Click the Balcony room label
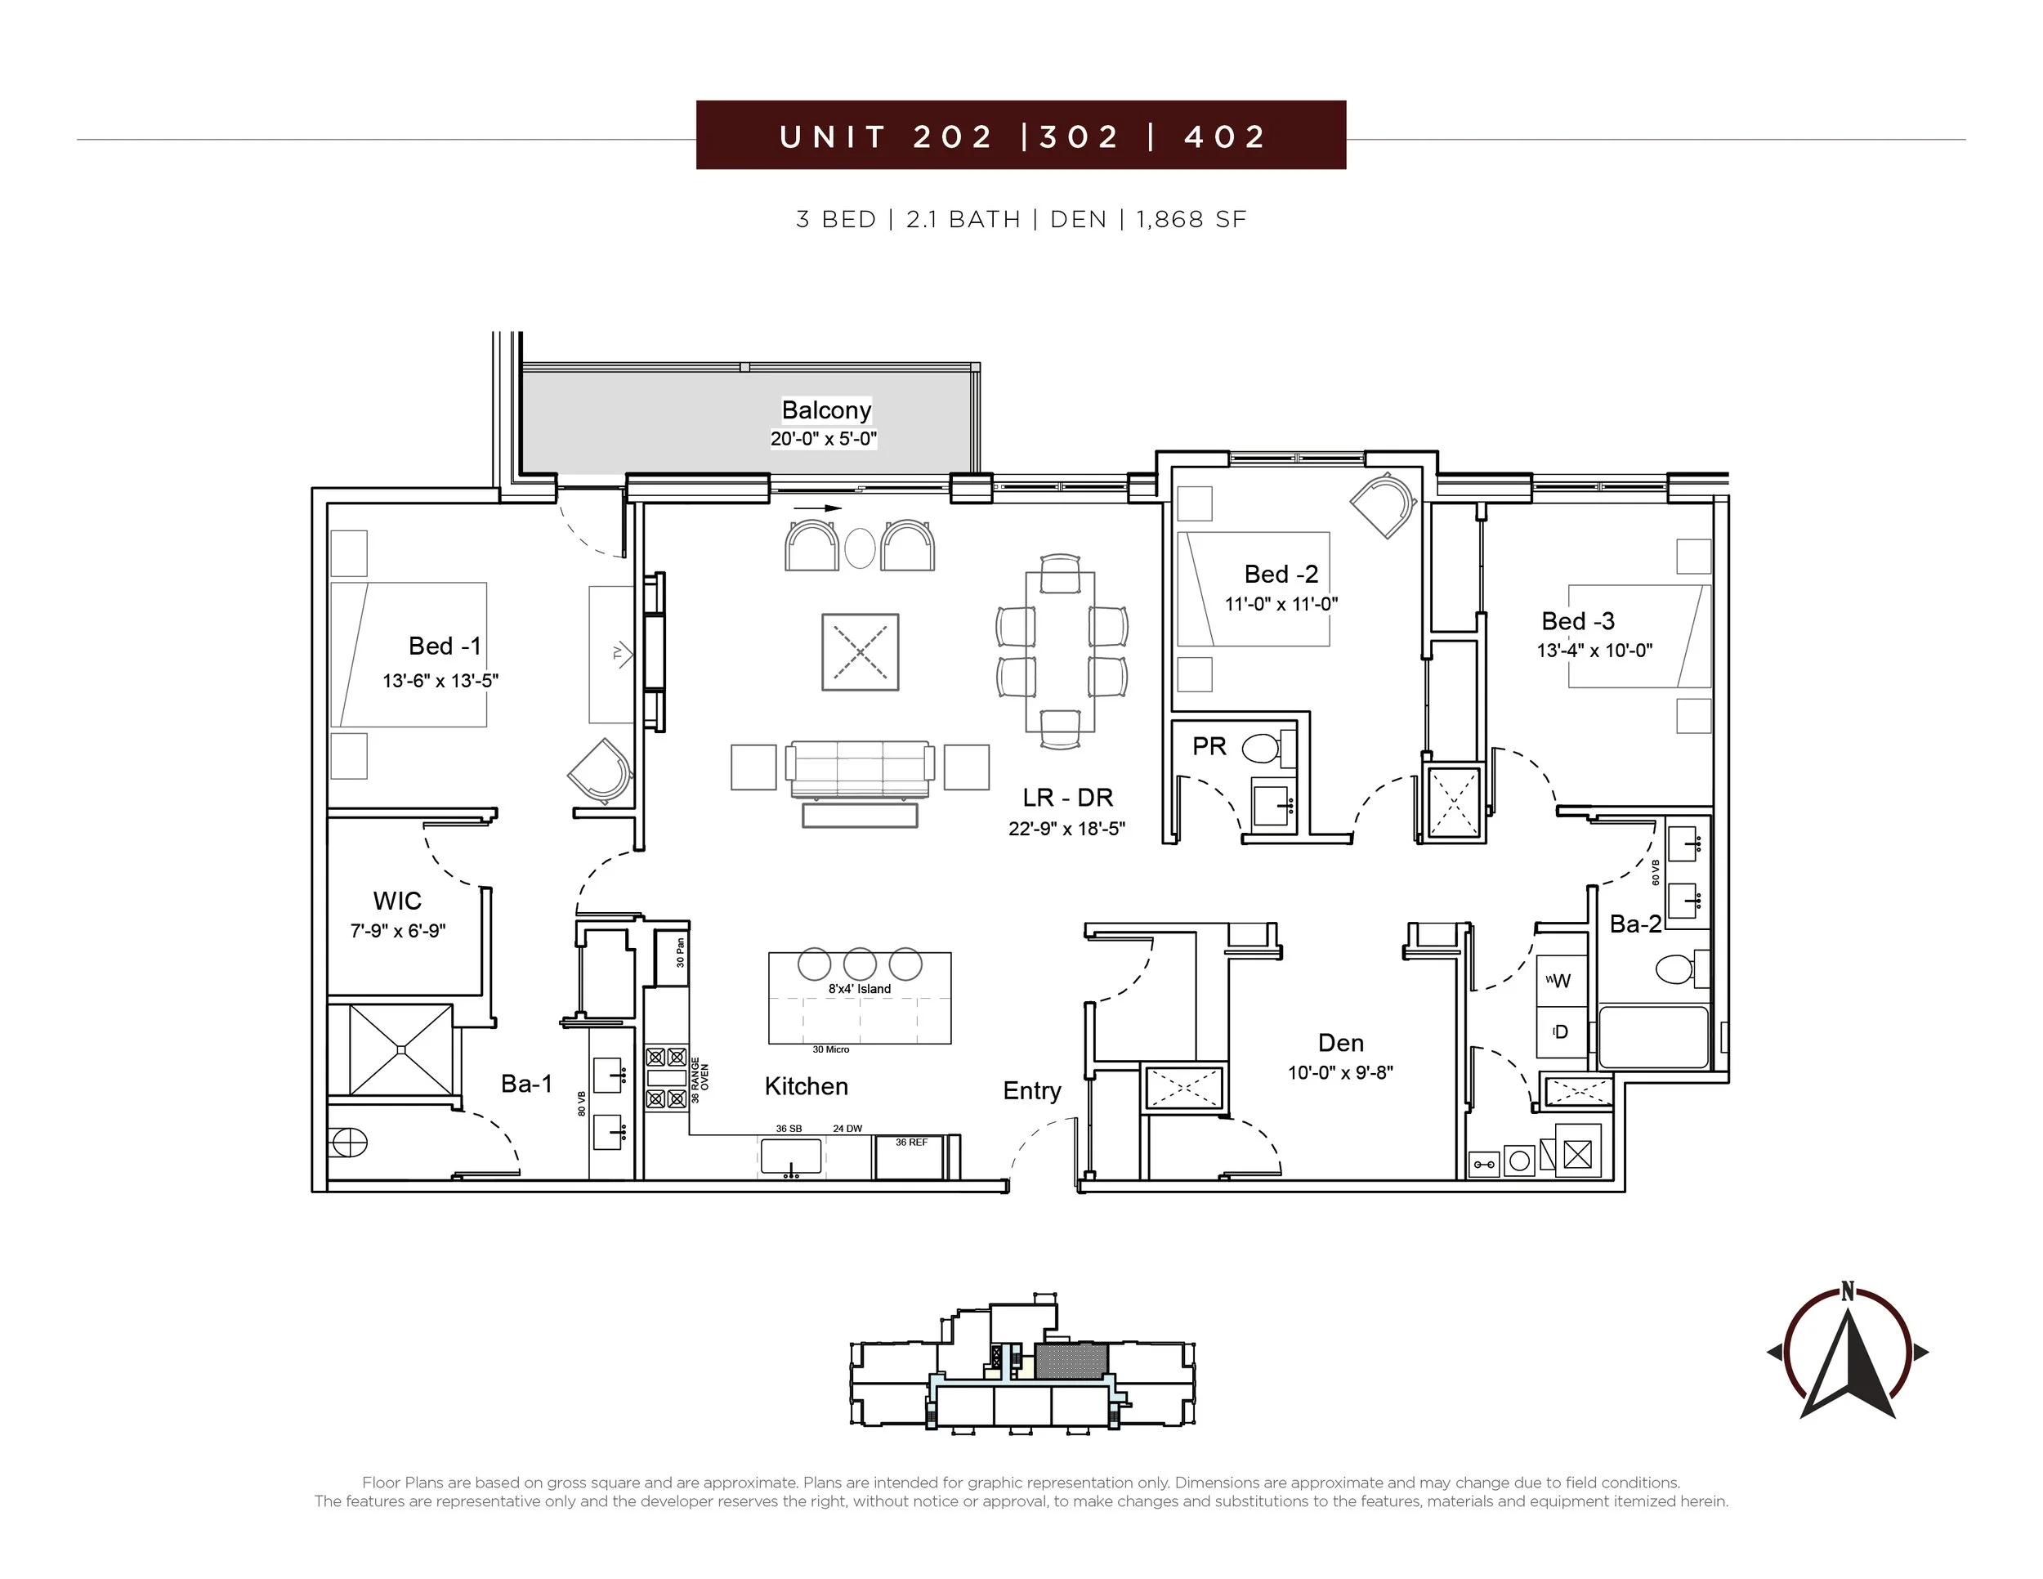click(826, 409)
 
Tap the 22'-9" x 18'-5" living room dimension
click(1066, 828)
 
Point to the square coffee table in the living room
click(860, 652)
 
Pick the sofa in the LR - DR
click(860, 770)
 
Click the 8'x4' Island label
click(859, 989)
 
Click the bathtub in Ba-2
click(1654, 1036)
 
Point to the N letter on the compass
click(1848, 1292)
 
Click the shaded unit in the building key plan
click(1072, 1361)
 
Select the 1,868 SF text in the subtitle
click(1191, 219)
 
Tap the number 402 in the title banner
click(1226, 136)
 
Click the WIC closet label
click(396, 901)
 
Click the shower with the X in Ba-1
click(401, 1049)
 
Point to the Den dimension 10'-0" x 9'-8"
click(1340, 1073)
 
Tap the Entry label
click(1032, 1092)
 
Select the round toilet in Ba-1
click(348, 1142)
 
